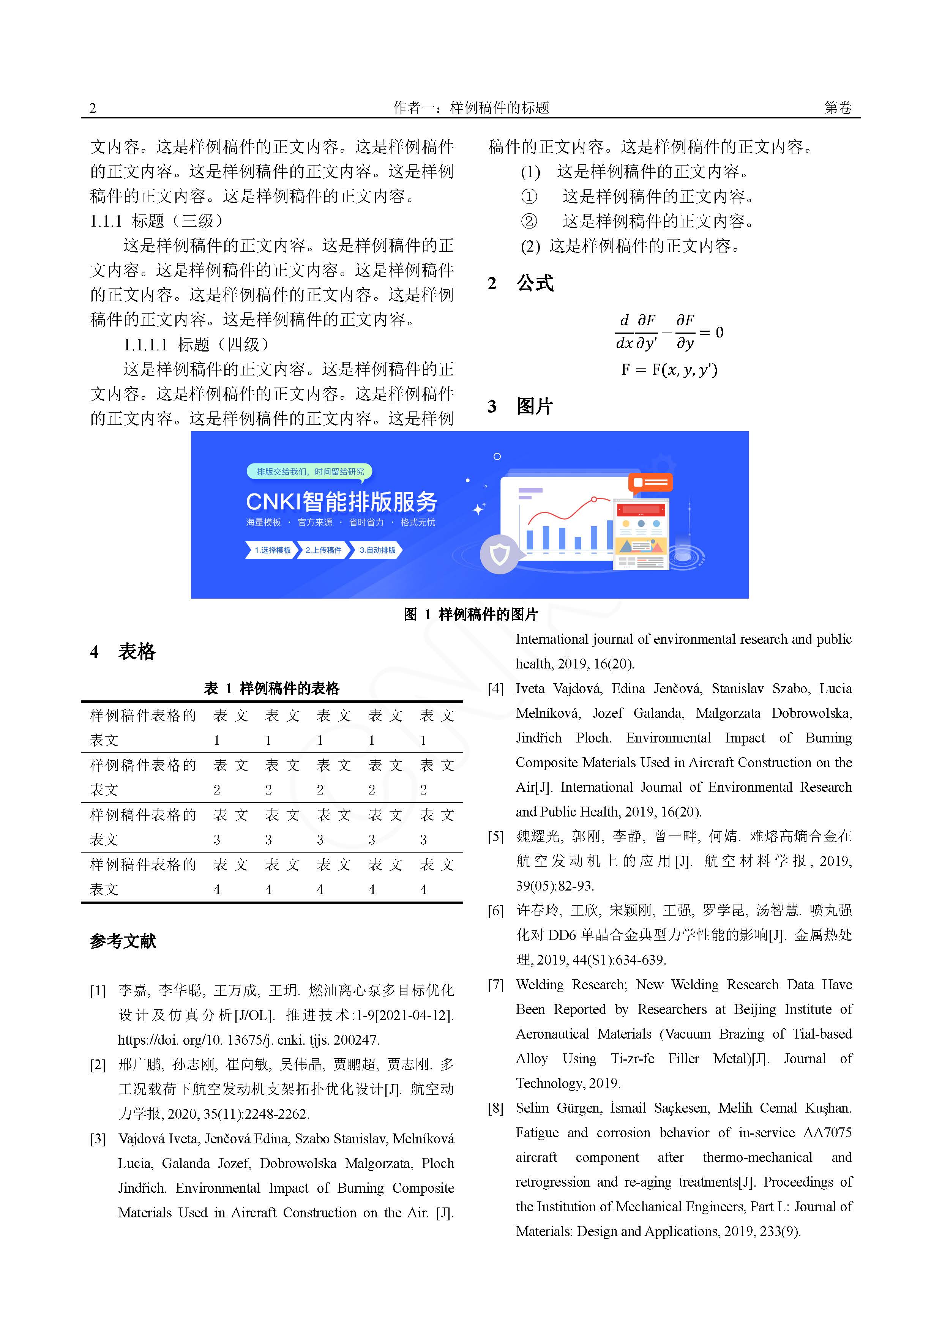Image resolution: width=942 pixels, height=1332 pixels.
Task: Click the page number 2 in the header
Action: point(93,108)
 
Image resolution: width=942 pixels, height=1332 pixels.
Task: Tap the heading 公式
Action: point(535,283)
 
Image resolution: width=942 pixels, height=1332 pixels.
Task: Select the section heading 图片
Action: point(535,406)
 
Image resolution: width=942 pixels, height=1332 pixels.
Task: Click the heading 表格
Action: point(137,651)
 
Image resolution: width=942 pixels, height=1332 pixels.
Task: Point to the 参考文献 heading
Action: point(123,940)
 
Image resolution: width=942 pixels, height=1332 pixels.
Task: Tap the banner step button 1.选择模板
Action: point(271,550)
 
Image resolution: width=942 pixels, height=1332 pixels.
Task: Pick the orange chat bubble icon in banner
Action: point(650,483)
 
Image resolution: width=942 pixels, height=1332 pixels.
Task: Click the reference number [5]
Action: point(495,837)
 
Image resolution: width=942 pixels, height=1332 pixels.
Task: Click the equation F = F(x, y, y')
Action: point(669,370)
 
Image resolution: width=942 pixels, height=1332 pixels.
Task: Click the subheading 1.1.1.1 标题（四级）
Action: point(196,345)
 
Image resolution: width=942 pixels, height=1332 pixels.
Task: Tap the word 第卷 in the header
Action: point(838,108)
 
